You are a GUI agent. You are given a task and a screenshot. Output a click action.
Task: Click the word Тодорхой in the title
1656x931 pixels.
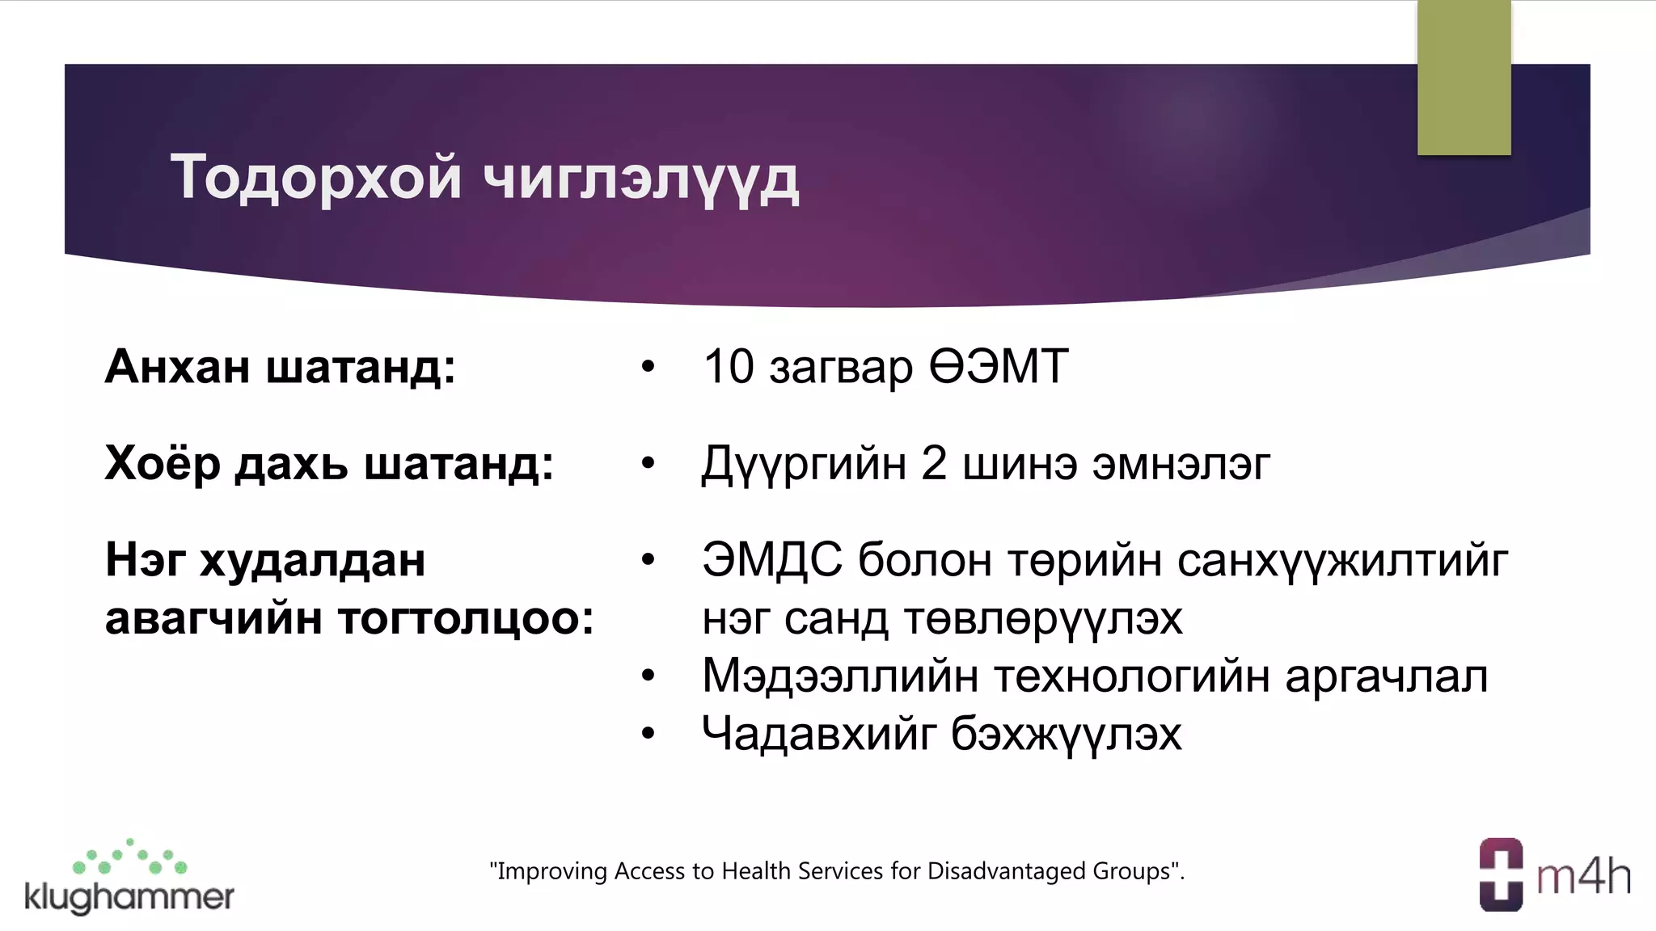(315, 178)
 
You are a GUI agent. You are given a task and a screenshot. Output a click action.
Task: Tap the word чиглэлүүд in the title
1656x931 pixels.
(640, 179)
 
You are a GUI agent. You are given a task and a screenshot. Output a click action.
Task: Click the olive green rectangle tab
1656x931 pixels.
(1464, 78)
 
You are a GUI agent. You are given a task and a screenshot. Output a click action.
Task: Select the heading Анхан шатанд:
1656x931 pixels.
(281, 367)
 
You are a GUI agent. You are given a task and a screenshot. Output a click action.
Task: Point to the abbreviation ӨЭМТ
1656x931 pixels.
(999, 367)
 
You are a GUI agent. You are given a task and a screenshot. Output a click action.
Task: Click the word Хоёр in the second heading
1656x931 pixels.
(162, 464)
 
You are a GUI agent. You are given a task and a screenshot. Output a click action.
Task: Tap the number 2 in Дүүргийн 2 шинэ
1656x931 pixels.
(933, 464)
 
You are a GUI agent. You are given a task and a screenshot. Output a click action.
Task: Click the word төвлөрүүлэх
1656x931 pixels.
(1043, 619)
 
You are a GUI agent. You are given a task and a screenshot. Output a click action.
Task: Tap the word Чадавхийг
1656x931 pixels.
(818, 735)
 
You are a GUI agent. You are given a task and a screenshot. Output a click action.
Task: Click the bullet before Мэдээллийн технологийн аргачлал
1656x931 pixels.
(648, 676)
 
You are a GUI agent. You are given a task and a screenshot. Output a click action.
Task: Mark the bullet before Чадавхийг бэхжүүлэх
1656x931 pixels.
(648, 734)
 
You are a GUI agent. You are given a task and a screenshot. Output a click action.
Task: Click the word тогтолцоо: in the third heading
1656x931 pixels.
(466, 619)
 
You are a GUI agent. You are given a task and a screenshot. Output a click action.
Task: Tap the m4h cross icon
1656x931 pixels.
(1501, 874)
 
